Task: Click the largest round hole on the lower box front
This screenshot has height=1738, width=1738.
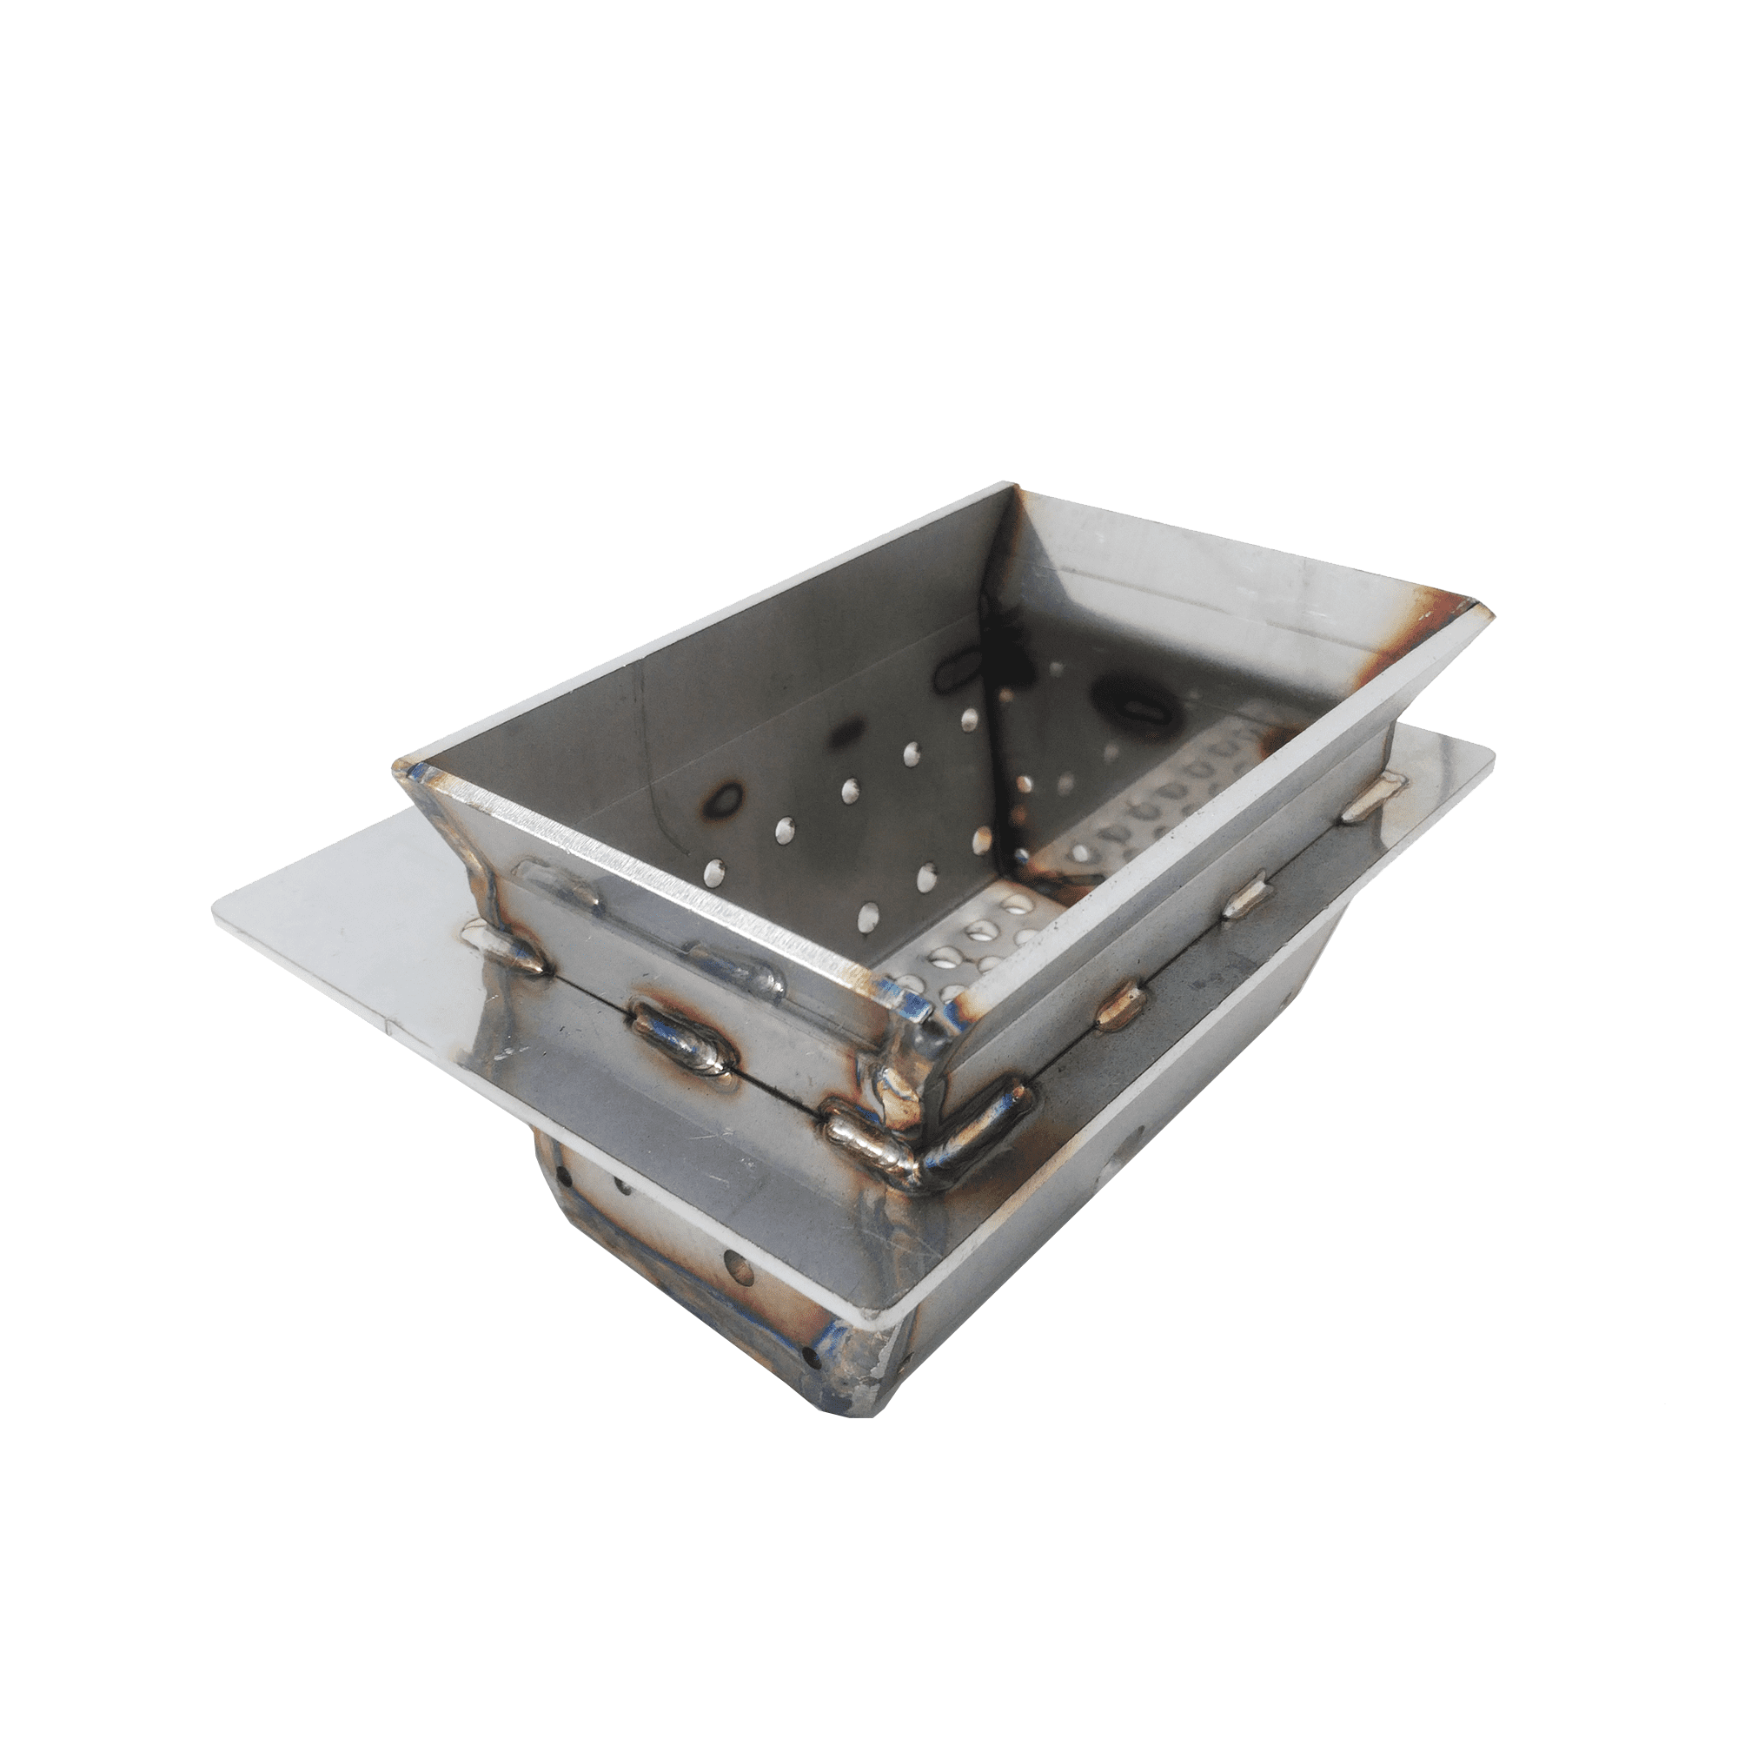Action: [739, 1270]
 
